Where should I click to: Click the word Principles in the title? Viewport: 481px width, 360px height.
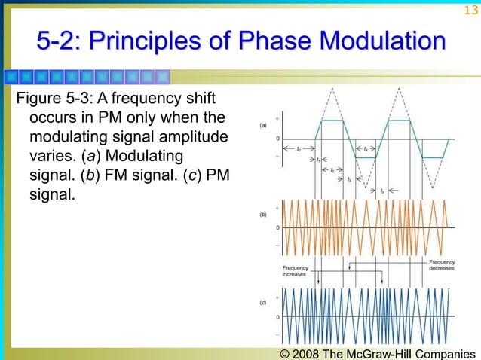point(155,41)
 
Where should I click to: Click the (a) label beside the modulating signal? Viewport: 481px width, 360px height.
point(262,125)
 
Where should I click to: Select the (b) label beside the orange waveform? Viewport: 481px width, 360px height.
point(262,215)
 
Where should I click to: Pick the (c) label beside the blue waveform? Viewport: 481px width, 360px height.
point(262,303)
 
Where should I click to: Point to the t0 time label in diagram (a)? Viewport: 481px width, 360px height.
point(299,149)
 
